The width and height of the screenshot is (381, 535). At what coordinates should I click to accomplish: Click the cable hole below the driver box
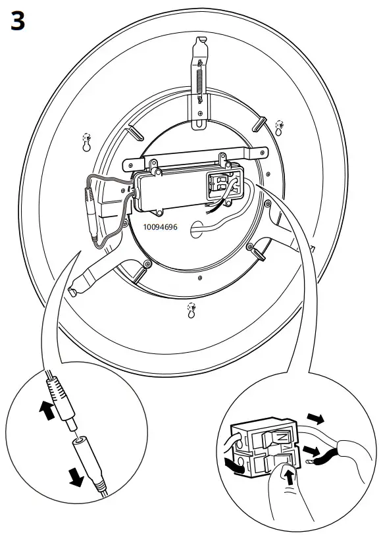tap(195, 230)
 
